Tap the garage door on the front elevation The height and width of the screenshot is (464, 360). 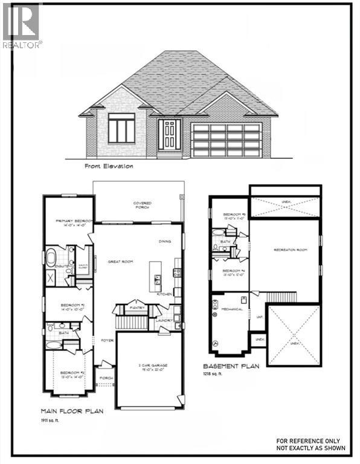(x=225, y=140)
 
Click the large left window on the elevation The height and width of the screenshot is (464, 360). (x=121, y=130)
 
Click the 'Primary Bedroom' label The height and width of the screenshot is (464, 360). (x=69, y=222)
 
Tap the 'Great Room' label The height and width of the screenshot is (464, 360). (x=120, y=262)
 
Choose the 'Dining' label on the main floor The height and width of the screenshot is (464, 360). (x=165, y=241)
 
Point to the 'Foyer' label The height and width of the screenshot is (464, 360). (x=108, y=340)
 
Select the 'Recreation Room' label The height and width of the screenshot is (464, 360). (x=286, y=250)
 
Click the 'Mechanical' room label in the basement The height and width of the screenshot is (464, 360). (x=233, y=309)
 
